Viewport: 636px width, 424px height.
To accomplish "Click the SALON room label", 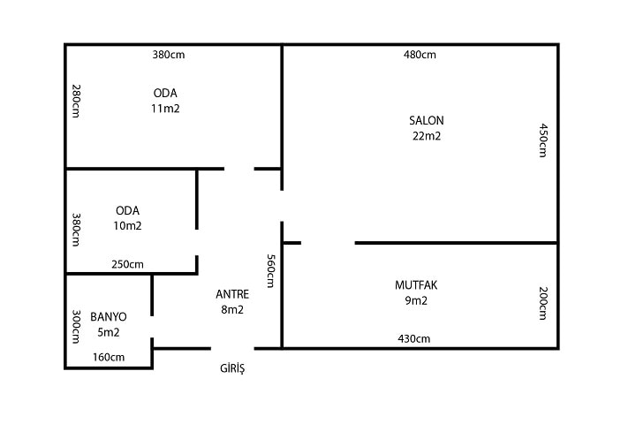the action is [427, 120].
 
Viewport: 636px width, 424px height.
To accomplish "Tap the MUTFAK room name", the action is [416, 285].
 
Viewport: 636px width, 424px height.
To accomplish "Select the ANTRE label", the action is [232, 294].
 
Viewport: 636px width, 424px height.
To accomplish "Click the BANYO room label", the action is [109, 317].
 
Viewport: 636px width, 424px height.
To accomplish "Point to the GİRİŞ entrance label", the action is [232, 368].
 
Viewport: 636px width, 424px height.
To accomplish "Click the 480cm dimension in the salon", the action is [420, 55].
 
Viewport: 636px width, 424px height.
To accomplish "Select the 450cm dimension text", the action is [543, 140].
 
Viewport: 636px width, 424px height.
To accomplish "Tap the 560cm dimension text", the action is [270, 271].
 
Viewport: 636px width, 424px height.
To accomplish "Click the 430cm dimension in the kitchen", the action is [414, 339].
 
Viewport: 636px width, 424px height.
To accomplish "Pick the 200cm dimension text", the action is [543, 304].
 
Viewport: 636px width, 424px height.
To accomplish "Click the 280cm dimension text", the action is [76, 101].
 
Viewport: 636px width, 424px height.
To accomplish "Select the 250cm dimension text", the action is [127, 264].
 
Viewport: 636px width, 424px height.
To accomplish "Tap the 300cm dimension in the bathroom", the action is [76, 327].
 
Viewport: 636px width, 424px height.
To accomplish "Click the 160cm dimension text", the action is [109, 358].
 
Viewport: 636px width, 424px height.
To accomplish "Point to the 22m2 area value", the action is [427, 136].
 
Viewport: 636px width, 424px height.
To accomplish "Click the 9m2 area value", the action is [416, 300].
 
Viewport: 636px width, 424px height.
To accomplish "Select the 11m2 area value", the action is [165, 109].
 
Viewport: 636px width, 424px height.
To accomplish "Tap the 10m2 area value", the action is [127, 226].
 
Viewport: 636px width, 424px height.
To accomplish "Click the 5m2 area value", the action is [109, 332].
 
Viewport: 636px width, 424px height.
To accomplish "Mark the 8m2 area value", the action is [232, 309].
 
